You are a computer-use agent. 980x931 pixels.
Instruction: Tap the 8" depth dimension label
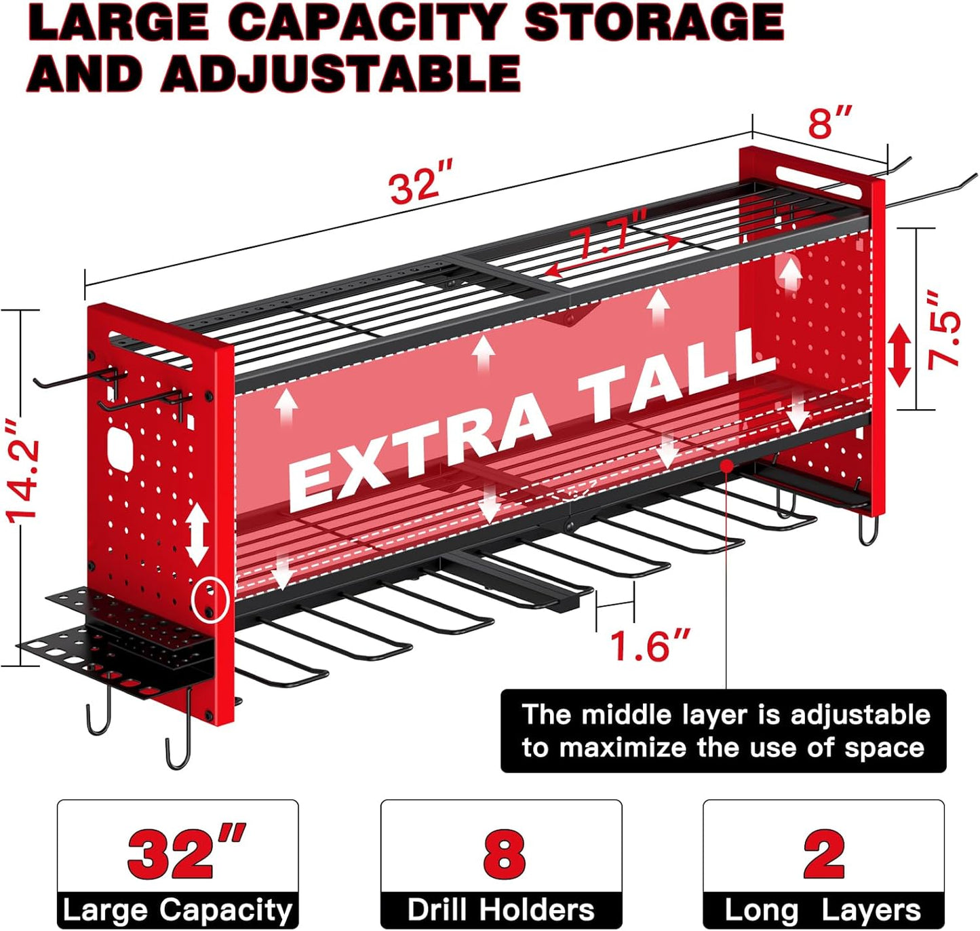pos(829,122)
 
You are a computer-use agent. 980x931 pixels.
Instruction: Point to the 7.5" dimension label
pos(945,330)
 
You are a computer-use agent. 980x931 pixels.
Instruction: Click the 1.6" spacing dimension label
pos(650,645)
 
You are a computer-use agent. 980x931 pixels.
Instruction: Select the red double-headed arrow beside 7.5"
pos(899,355)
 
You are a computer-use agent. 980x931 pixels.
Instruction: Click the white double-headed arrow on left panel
pos(197,533)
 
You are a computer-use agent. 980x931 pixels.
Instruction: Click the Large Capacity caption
pos(177,910)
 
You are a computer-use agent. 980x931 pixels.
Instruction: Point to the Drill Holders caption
pos(501,910)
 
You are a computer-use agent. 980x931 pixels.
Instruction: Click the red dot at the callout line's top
pos(726,465)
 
